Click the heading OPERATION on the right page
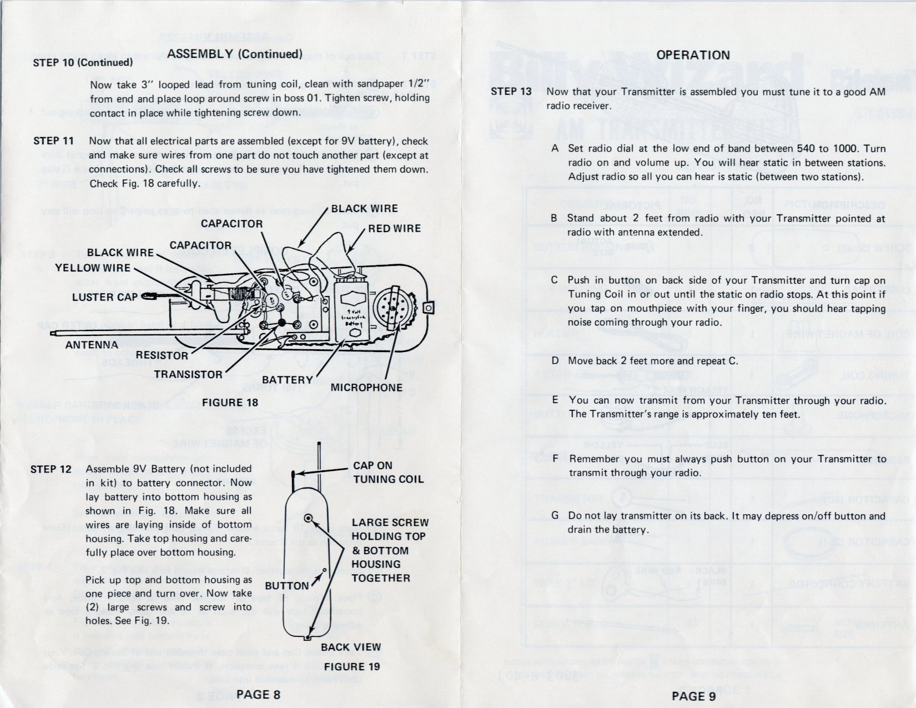point(693,55)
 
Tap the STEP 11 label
point(53,141)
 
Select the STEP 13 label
point(511,92)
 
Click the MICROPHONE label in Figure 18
point(366,388)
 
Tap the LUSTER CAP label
point(105,297)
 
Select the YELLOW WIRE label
point(92,268)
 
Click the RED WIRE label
point(394,228)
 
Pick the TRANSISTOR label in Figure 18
point(188,374)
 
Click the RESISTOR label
point(162,355)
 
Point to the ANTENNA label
point(92,345)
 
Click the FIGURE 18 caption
point(230,403)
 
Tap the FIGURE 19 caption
point(352,666)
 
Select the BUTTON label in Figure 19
point(286,586)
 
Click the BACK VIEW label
point(351,647)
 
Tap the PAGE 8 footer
point(258,694)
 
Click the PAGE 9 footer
point(693,696)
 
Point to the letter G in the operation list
point(555,515)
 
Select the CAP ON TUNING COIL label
point(388,472)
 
